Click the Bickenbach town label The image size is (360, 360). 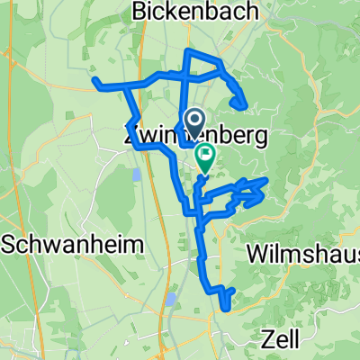pyautogui.click(x=195, y=11)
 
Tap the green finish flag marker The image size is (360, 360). pyautogui.click(x=205, y=157)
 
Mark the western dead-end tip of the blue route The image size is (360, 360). pyautogui.click(x=94, y=81)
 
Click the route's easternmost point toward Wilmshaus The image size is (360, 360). pyautogui.click(x=266, y=180)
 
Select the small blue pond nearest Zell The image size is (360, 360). pyautogui.click(x=170, y=298)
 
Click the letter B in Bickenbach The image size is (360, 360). pyautogui.click(x=139, y=11)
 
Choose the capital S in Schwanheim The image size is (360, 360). pyautogui.click(x=8, y=244)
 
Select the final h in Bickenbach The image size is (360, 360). pyautogui.click(x=253, y=11)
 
